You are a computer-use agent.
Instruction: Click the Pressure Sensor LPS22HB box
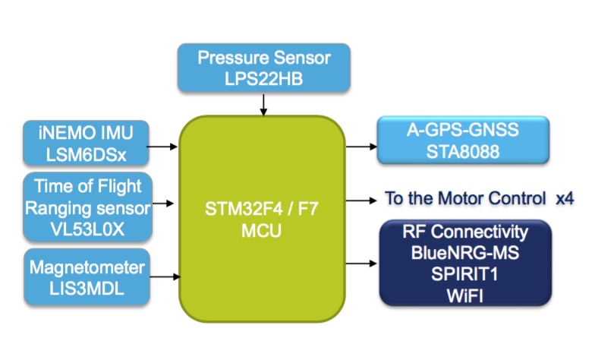(264, 68)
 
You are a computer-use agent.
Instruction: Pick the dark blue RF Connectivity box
(465, 264)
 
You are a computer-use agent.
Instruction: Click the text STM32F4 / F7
(262, 208)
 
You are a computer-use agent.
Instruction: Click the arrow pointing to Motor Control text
(361, 201)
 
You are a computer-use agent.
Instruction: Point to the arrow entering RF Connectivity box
(361, 264)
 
